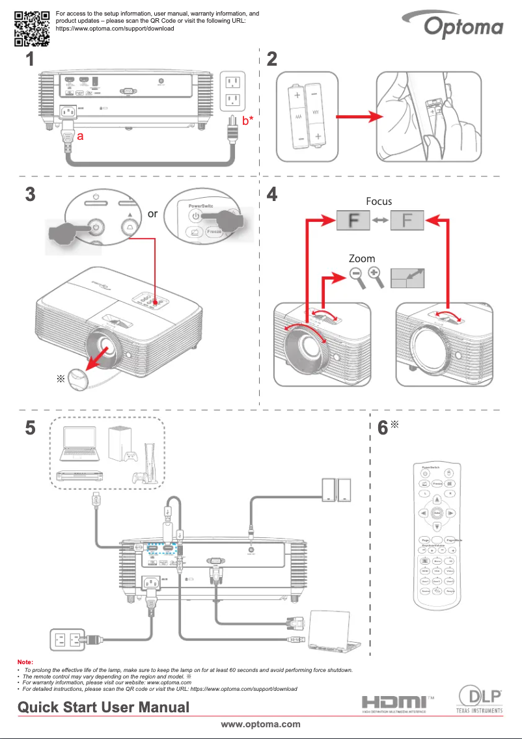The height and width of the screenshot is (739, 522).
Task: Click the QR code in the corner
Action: [x=32, y=27]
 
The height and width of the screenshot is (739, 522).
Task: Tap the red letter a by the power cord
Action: [x=80, y=137]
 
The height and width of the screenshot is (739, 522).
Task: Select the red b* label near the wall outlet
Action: [x=248, y=120]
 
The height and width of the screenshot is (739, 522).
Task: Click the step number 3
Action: [x=31, y=194]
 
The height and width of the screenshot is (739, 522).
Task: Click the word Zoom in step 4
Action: [x=363, y=259]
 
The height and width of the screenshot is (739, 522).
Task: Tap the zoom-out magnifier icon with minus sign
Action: [x=356, y=276]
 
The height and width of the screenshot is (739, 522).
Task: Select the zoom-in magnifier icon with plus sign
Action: [x=376, y=276]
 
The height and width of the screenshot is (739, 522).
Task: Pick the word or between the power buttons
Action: [x=152, y=213]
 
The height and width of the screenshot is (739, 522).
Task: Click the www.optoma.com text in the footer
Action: [x=260, y=724]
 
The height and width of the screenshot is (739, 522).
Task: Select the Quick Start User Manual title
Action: [x=103, y=707]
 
